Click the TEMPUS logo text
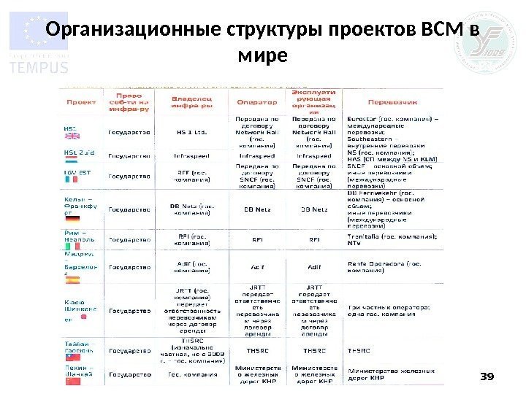coord(38,66)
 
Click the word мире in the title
coord(262,56)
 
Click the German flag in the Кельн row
coord(73,218)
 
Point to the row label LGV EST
coord(76,174)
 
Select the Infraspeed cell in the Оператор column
coord(256,155)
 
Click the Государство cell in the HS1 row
coord(129,132)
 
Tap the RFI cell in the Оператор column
coord(256,237)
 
